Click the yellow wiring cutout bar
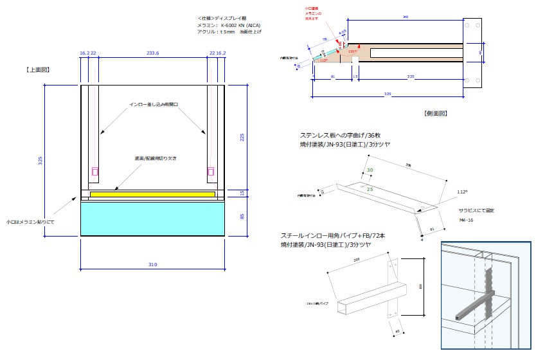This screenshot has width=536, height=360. tap(153, 194)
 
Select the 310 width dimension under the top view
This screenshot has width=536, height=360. tap(152, 265)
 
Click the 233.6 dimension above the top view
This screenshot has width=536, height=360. tap(153, 54)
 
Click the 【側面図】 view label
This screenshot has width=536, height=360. tap(435, 113)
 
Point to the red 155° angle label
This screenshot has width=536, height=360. tap(352, 51)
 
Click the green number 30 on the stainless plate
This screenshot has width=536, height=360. tap(370, 170)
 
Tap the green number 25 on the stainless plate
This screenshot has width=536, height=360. tap(370, 190)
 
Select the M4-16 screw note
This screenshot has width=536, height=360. tap(467, 220)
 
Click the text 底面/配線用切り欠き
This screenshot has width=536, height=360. tap(152, 157)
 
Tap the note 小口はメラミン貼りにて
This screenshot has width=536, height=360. tap(30, 221)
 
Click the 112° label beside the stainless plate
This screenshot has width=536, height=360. tap(461, 192)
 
